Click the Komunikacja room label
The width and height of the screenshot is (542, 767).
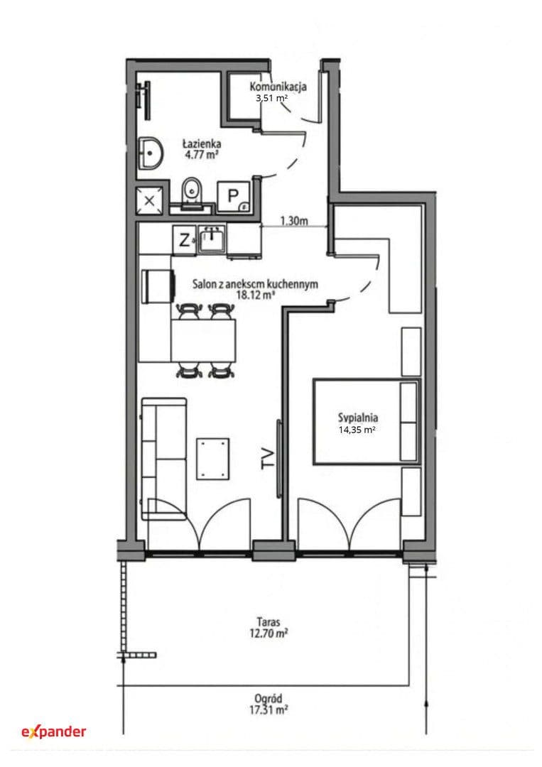point(278,87)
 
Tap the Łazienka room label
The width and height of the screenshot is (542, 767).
point(202,143)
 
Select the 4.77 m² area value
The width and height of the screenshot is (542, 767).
point(202,155)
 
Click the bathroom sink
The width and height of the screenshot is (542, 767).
point(150,153)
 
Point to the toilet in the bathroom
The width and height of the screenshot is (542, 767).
point(192,192)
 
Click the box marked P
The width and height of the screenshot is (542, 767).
point(233,197)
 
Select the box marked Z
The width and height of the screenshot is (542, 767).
point(185,240)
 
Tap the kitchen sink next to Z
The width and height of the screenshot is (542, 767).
point(212,239)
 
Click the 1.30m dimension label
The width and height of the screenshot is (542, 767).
point(294,221)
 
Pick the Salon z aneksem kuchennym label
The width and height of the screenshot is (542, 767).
point(255,283)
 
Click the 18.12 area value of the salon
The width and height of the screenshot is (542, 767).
point(255,295)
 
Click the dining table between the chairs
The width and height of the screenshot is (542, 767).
point(203,340)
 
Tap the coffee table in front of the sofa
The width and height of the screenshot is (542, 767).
point(213,459)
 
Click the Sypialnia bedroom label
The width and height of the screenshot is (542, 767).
point(357,418)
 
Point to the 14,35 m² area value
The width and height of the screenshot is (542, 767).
point(357,430)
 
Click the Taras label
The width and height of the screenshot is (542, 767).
point(269,622)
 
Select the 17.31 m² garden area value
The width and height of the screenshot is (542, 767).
point(268,709)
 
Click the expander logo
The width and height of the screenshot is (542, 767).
point(54,731)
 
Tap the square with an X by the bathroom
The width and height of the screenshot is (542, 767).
point(150,200)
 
